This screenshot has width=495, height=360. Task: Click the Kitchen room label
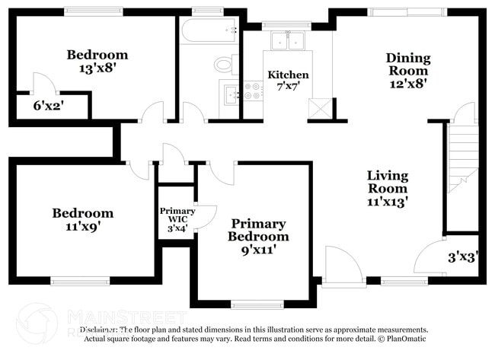coord(288,75)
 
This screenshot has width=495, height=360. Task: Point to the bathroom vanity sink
coord(228,94)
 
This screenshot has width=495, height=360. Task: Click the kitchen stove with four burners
coord(251,92)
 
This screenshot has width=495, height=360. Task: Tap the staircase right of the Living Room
coord(461,160)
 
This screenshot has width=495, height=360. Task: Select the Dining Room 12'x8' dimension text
coord(408,83)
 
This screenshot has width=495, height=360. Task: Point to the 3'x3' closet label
coord(462,257)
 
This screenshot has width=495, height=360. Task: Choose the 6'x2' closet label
coord(47,106)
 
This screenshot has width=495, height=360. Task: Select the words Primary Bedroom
coord(259,230)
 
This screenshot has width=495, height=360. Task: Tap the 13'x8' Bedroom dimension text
coord(97,68)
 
